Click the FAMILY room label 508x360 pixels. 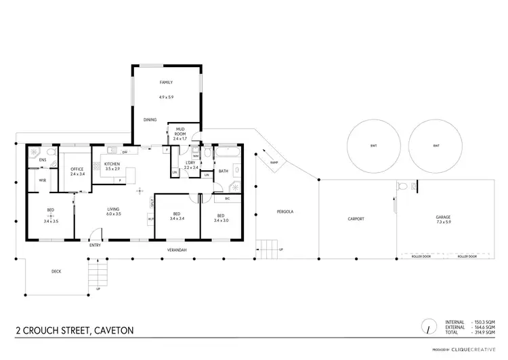[x=166, y=83]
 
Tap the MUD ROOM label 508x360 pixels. [x=181, y=131]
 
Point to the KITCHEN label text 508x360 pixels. [x=112, y=163]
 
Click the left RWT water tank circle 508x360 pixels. [x=373, y=146]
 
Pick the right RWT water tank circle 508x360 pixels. [x=436, y=146]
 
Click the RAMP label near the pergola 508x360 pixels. [x=274, y=163]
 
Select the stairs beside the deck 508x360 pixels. [x=98, y=274]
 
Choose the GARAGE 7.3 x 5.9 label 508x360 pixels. [x=443, y=220]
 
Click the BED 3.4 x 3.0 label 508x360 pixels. [x=221, y=218]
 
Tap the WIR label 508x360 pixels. [x=42, y=180]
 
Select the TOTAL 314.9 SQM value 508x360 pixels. [x=486, y=332]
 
